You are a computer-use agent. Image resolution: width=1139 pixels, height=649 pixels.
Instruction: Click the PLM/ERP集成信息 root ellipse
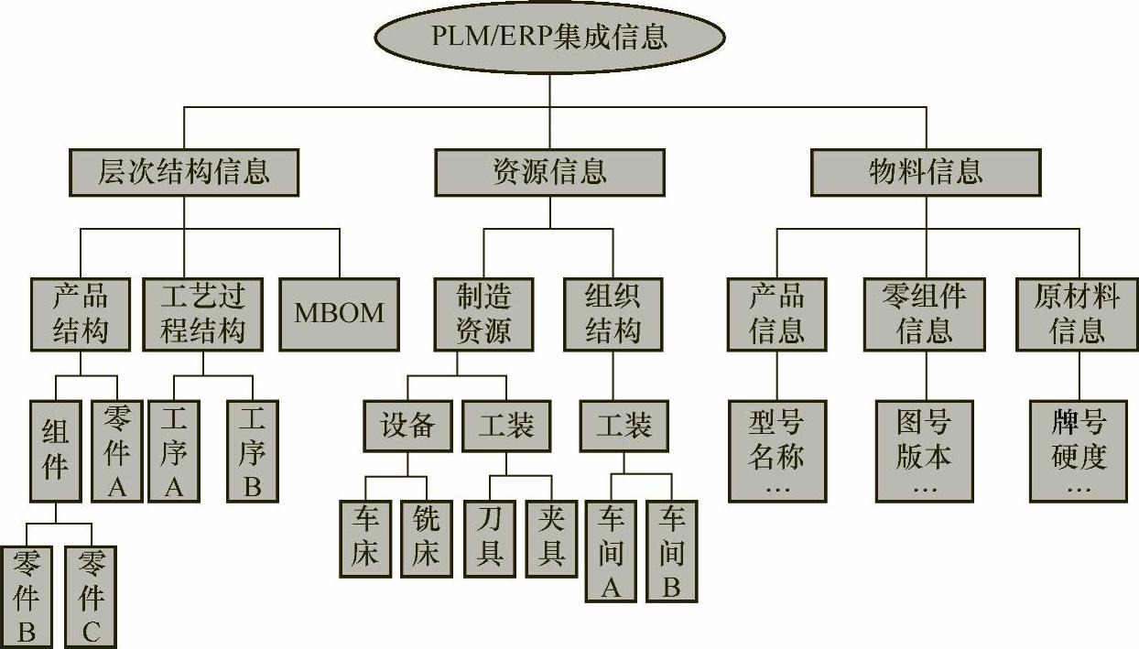tap(549, 37)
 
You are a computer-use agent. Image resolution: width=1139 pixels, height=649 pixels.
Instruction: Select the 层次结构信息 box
tap(184, 171)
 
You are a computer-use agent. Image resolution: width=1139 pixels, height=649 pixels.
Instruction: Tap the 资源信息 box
tap(549, 171)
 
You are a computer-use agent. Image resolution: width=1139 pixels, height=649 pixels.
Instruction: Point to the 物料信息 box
tap(926, 171)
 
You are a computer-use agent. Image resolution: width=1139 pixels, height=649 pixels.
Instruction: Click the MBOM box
tap(339, 313)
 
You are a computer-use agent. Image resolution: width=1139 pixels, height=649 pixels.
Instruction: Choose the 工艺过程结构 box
tap(203, 313)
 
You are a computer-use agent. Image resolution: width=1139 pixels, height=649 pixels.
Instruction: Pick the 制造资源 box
tap(484, 313)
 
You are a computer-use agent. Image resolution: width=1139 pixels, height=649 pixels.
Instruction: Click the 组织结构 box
tap(613, 313)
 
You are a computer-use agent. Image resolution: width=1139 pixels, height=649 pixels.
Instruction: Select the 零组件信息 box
tap(925, 313)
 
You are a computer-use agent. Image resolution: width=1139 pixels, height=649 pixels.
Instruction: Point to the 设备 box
tap(407, 426)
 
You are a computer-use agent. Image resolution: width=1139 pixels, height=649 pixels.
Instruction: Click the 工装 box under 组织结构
tap(624, 426)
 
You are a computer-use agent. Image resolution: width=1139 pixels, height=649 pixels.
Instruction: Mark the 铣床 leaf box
tap(427, 538)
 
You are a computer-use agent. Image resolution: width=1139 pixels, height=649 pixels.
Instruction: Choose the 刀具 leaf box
tap(489, 538)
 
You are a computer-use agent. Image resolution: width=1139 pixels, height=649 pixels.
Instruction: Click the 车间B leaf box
tap(671, 550)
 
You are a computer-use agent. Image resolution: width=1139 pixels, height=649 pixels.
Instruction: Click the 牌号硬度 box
tap(1079, 450)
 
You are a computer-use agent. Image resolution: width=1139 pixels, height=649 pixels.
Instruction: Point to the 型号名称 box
tap(777, 450)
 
